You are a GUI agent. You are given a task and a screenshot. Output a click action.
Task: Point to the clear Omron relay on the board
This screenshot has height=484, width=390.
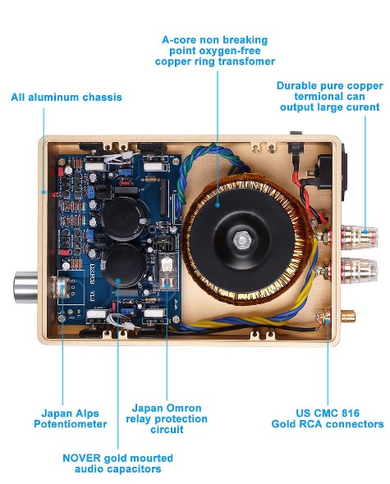coord(167,266)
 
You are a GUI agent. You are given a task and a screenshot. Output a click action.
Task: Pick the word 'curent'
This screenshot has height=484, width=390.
coord(362,107)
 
